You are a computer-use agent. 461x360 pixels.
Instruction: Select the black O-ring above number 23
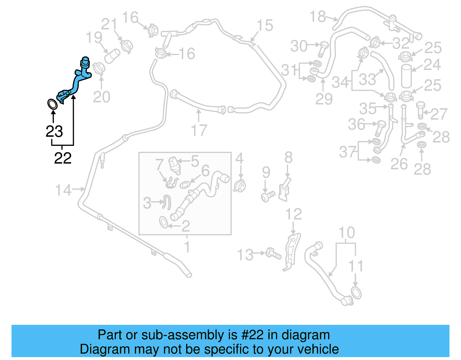[x=52, y=104]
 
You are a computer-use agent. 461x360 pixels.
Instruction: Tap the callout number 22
[x=63, y=158]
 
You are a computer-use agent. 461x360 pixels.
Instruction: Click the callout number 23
[x=54, y=131]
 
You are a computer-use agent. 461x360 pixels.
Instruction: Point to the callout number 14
[x=63, y=190]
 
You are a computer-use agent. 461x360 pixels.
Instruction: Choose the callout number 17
[x=199, y=130]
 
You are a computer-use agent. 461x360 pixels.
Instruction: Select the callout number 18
[x=318, y=17]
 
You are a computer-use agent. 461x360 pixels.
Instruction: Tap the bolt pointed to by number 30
[x=323, y=49]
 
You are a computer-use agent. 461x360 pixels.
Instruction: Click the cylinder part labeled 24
[x=406, y=76]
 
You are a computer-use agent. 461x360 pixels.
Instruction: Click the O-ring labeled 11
[x=356, y=293]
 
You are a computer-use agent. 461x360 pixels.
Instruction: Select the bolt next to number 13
[x=273, y=254]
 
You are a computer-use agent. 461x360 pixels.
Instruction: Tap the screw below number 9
[x=268, y=197]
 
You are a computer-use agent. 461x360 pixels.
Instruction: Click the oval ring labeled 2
[x=163, y=223]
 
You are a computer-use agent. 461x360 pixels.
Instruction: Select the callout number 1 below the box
[x=187, y=247]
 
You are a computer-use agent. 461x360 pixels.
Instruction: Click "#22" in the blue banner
[x=252, y=335]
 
